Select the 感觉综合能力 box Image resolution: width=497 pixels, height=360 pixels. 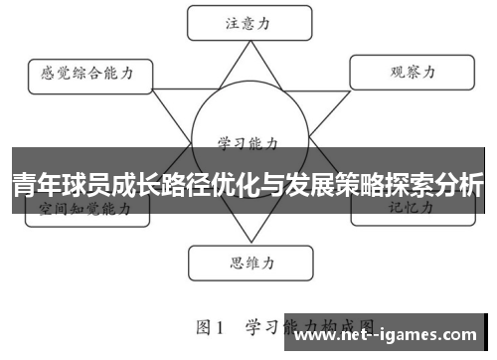click(x=87, y=73)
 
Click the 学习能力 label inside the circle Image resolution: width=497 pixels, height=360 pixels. click(x=246, y=142)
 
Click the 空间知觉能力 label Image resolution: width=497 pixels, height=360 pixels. click(x=84, y=210)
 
